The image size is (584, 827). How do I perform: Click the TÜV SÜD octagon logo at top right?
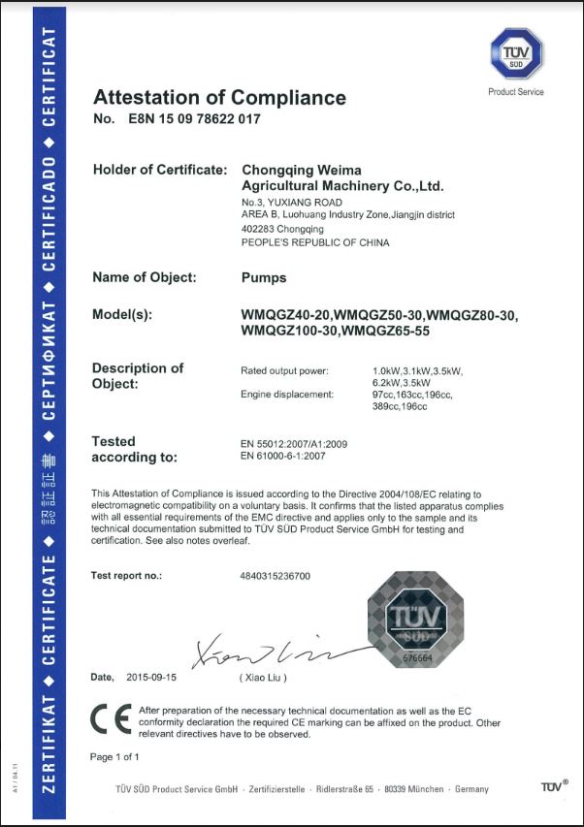(x=514, y=55)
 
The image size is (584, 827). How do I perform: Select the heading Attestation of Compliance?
(x=219, y=97)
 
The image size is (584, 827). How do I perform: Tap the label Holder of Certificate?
(x=159, y=170)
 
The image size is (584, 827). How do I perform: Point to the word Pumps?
(x=263, y=277)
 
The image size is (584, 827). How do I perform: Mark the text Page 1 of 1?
(x=114, y=756)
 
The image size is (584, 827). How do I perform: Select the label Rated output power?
(x=284, y=370)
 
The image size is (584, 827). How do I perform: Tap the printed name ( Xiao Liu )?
(x=263, y=677)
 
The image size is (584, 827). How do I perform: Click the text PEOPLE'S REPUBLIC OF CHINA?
(x=314, y=242)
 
